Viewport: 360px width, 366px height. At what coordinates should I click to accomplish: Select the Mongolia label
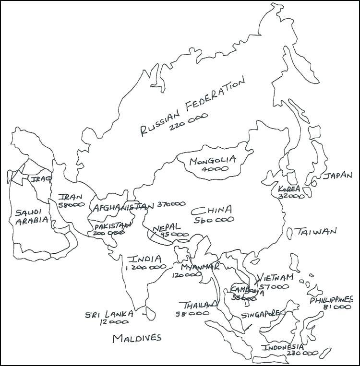(x=212, y=161)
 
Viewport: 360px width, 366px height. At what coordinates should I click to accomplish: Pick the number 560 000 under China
(x=214, y=220)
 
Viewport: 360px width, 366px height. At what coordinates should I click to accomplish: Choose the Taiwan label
(x=316, y=232)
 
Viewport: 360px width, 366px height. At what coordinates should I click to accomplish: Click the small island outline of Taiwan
(x=290, y=233)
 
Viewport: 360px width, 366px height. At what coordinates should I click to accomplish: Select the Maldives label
(x=137, y=338)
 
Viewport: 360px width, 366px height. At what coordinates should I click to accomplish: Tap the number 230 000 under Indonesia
(x=302, y=353)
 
